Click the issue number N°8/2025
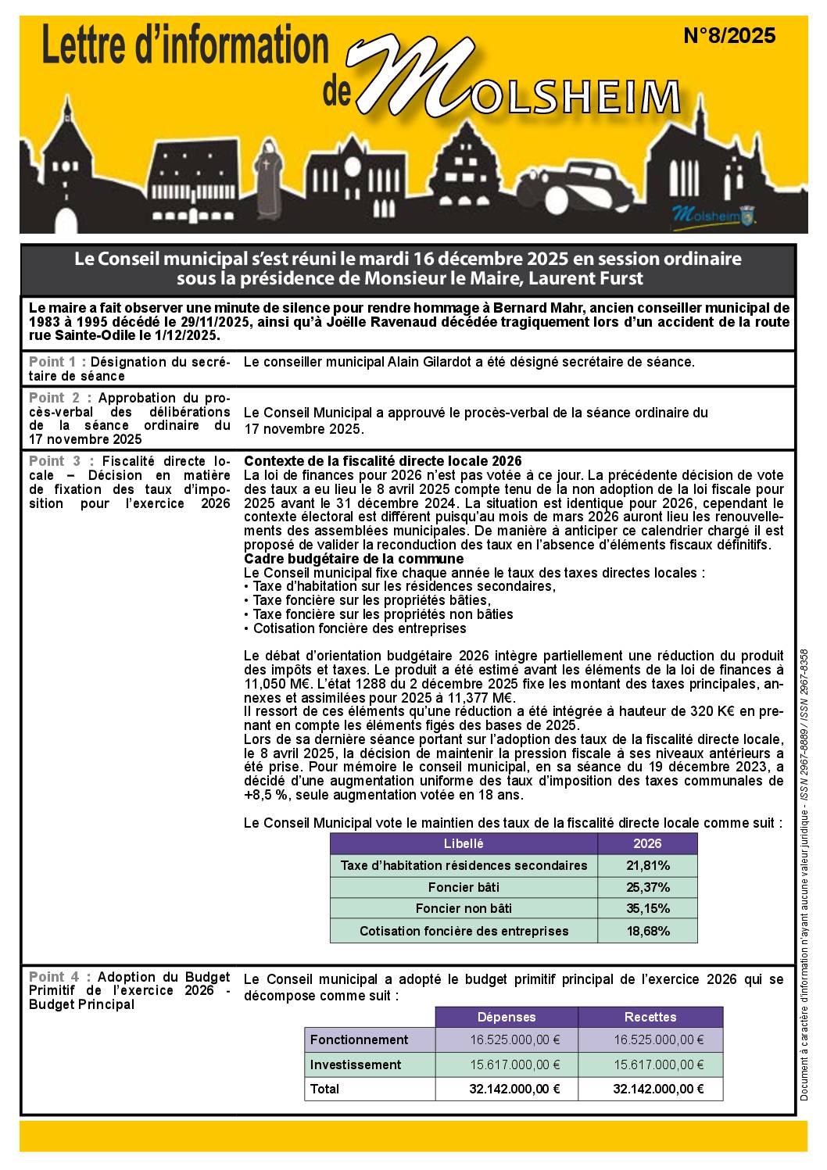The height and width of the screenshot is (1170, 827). [x=729, y=36]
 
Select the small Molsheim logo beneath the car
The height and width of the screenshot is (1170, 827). [x=713, y=214]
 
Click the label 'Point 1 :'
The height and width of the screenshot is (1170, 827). [x=57, y=362]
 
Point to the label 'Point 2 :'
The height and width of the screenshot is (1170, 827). [x=57, y=398]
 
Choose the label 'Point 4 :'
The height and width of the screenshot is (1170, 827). [x=57, y=977]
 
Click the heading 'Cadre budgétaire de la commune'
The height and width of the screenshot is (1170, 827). [x=353, y=559]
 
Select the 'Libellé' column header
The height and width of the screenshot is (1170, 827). [x=464, y=843]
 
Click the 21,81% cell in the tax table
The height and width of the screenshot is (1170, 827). [x=648, y=865]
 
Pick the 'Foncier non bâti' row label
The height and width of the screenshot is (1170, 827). [x=464, y=909]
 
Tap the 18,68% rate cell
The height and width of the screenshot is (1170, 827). [x=648, y=931]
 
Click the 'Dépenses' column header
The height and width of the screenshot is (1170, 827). [x=507, y=1017]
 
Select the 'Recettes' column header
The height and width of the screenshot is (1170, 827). [x=650, y=1017]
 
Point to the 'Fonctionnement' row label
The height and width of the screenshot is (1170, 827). [x=359, y=1039]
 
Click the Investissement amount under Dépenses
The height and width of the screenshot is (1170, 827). [x=514, y=1064]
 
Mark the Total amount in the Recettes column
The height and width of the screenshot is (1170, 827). [x=658, y=1089]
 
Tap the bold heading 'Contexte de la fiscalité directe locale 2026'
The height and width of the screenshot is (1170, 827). [x=383, y=461]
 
